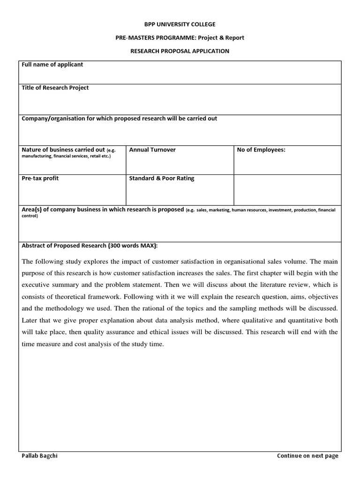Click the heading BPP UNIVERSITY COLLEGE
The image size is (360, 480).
[180, 24]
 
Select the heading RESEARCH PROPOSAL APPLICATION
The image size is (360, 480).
[180, 51]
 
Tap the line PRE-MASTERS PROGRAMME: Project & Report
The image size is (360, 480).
[180, 37]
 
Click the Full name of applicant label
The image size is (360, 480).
[52, 65]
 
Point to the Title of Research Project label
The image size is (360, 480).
[55, 88]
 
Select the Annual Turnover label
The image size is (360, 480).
[152, 150]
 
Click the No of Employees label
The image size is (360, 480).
[262, 150]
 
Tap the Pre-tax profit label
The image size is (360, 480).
[40, 178]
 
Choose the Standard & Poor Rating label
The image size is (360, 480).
[161, 178]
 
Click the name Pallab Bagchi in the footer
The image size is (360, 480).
[40, 456]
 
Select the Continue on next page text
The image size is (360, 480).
[307, 456]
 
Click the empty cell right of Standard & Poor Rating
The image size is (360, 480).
[287, 189]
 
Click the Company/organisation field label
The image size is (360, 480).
[120, 119]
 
